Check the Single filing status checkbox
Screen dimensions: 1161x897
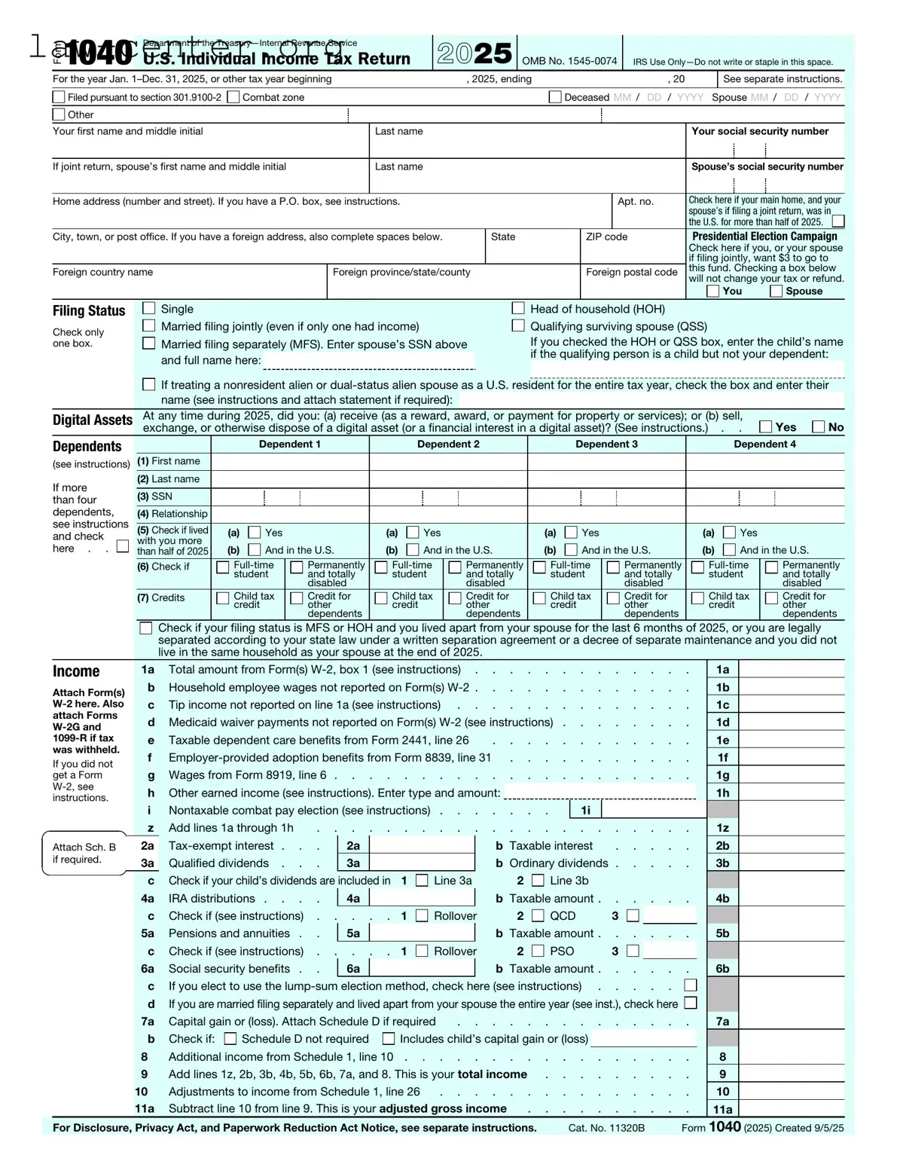pyautogui.click(x=149, y=308)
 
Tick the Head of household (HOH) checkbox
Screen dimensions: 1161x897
pyautogui.click(x=518, y=308)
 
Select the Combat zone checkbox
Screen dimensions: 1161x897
pyautogui.click(x=233, y=97)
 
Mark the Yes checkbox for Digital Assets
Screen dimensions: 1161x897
pyautogui.click(x=766, y=427)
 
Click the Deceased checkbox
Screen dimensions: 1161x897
pyautogui.click(x=555, y=97)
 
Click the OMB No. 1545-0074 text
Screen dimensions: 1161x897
pyautogui.click(x=569, y=61)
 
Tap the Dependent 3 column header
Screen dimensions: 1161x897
pyautogui.click(x=606, y=445)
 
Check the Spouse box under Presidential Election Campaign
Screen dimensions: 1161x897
pyautogui.click(x=776, y=291)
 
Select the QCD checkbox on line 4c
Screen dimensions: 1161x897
pyautogui.click(x=538, y=915)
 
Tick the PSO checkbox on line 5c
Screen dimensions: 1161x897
pyautogui.click(x=538, y=951)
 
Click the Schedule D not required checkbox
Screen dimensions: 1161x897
pyautogui.click(x=230, y=1039)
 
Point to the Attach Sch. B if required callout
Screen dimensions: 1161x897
pyautogui.click(x=84, y=854)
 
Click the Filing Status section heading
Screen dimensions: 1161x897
pyautogui.click(x=89, y=310)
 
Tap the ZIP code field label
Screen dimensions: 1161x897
pyautogui.click(x=606, y=237)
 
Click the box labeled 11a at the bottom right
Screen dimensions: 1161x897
pyautogui.click(x=722, y=1109)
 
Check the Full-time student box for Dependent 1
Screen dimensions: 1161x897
pyautogui.click(x=223, y=567)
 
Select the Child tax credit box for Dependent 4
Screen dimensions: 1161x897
pyautogui.click(x=697, y=598)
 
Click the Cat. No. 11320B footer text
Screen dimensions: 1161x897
pyautogui.click(x=606, y=1128)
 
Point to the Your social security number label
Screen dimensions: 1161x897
pyautogui.click(x=760, y=131)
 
